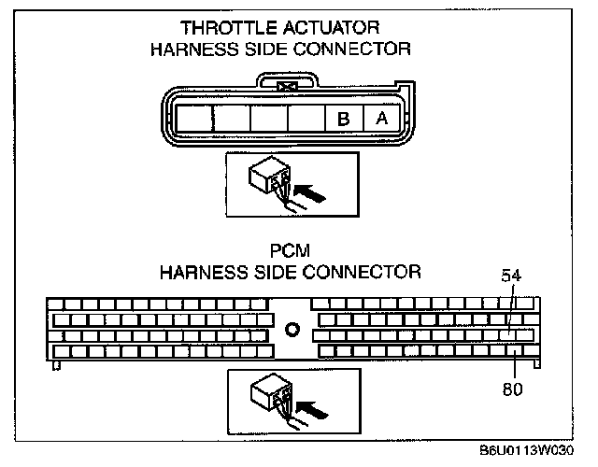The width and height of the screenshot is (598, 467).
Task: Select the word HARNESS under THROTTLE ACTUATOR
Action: point(191,49)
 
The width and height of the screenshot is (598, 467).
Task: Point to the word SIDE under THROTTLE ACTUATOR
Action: point(265,49)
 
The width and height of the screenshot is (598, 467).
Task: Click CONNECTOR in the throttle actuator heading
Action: point(352,49)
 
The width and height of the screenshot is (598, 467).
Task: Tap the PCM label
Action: point(292,253)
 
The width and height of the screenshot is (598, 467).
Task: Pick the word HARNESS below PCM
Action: point(198,273)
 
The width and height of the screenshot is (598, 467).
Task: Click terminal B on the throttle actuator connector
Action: point(343,120)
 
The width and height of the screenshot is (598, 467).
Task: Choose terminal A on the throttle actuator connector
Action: point(381,120)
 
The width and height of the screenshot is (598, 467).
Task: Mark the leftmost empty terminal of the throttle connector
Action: point(194,120)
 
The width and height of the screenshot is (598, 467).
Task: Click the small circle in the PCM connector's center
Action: point(292,330)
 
